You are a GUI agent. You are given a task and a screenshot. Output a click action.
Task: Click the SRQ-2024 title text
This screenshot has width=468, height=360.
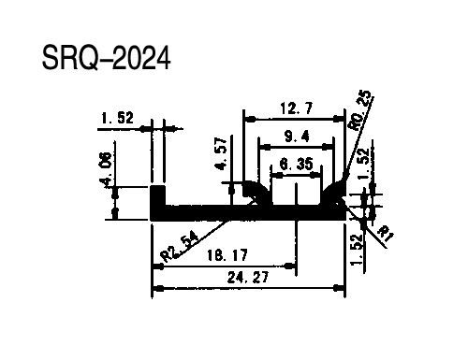point(106,58)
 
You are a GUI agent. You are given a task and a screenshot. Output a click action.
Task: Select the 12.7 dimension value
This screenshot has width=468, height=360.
point(296,108)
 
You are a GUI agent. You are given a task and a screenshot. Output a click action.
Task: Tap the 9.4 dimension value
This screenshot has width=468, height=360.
point(297,137)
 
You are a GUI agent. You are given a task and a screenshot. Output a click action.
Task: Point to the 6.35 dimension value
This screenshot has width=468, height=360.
point(296,164)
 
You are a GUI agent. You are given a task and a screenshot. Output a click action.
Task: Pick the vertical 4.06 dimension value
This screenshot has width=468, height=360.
point(106,169)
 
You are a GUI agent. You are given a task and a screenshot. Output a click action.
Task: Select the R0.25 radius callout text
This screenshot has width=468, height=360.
point(361,110)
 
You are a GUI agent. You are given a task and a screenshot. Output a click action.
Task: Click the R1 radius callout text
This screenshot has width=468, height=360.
point(385,235)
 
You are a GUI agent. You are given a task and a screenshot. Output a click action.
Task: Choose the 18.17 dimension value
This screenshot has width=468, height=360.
point(227,255)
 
